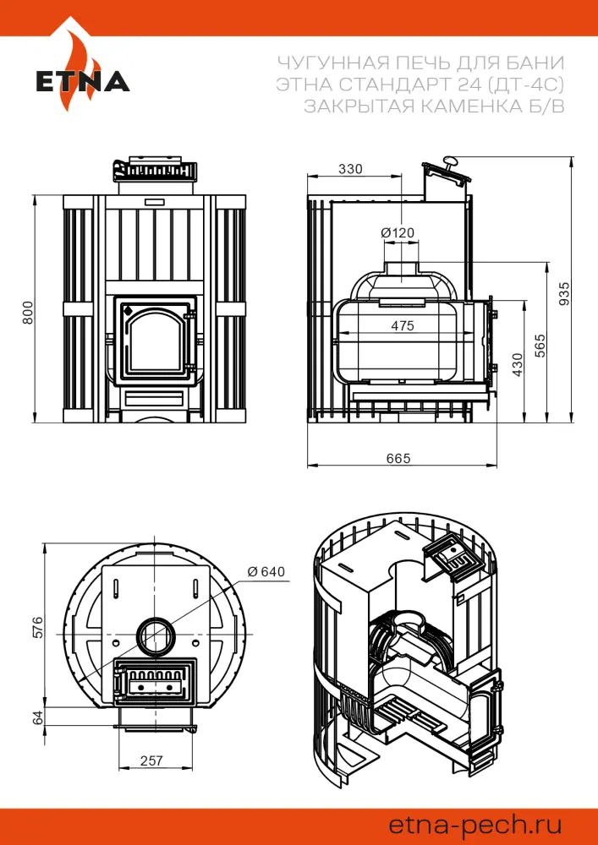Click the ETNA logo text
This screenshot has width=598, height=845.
coord(82,83)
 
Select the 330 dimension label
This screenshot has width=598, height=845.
coord(349,169)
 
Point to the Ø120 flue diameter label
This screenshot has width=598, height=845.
coord(398,232)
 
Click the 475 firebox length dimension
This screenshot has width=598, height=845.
coord(403,326)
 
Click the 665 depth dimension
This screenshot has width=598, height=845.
coord(398,458)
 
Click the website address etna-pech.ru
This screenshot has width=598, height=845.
coord(475,823)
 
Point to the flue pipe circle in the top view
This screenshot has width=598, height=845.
coord(155,635)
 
